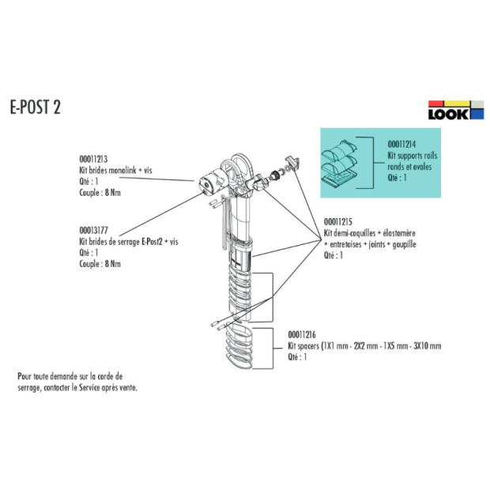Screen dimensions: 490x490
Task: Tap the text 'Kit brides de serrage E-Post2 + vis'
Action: click(x=129, y=243)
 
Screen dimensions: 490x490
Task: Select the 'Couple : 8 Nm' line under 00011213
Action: click(x=100, y=192)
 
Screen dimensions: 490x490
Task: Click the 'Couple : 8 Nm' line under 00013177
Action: click(x=100, y=263)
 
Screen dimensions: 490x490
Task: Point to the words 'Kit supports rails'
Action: click(x=411, y=156)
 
